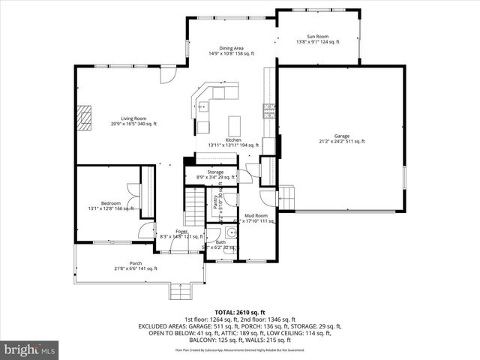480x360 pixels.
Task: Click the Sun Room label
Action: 317,39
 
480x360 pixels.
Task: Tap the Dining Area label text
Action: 231,50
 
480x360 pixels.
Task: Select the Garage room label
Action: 341,138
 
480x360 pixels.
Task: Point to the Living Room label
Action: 134,121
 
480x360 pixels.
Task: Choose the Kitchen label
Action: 233,142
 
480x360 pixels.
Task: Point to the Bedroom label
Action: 110,205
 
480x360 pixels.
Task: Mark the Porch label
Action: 136,265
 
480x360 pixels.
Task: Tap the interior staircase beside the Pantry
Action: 195,206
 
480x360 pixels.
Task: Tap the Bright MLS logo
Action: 30,349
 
